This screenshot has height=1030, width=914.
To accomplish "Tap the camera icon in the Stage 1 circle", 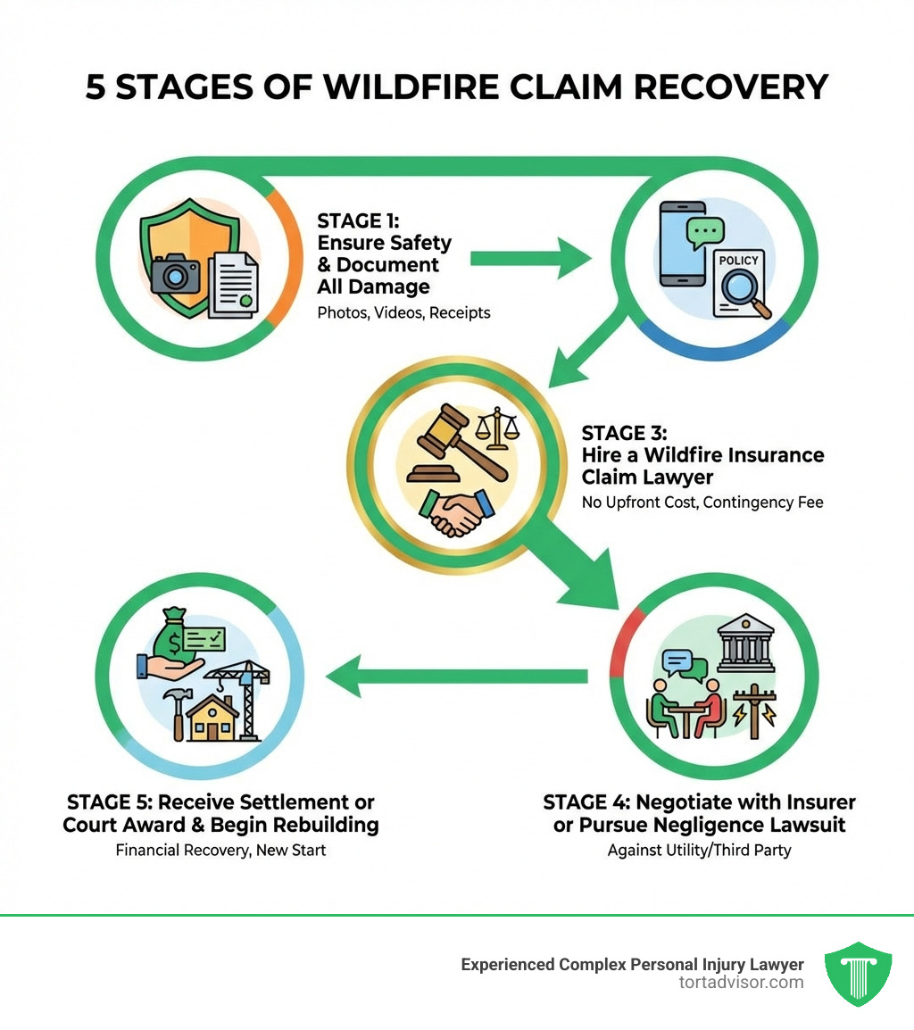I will pyautogui.click(x=176, y=275).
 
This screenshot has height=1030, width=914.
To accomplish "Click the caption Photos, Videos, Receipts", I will pyautogui.click(x=403, y=313).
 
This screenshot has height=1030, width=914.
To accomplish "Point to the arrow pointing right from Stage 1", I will pyautogui.click(x=530, y=259).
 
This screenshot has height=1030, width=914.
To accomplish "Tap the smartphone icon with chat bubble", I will pyautogui.click(x=686, y=243).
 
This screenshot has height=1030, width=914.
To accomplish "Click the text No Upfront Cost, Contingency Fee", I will pyautogui.click(x=702, y=503).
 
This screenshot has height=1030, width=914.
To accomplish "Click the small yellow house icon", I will pyautogui.click(x=212, y=719).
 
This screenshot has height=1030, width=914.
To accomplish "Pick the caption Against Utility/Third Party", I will pyautogui.click(x=699, y=850).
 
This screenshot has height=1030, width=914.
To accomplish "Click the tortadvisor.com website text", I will pyautogui.click(x=741, y=983).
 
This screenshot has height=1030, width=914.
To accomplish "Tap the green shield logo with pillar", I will pyautogui.click(x=857, y=974).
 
